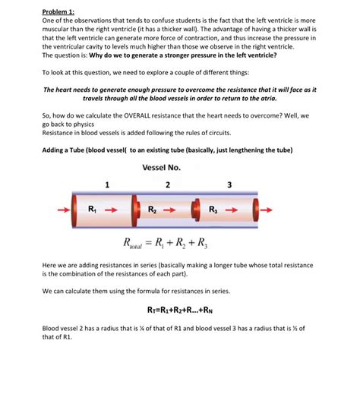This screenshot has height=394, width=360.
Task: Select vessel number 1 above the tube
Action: [x=107, y=184]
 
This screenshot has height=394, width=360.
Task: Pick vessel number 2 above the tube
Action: [x=166, y=184]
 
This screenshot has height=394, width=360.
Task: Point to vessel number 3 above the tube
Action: [x=229, y=184]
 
